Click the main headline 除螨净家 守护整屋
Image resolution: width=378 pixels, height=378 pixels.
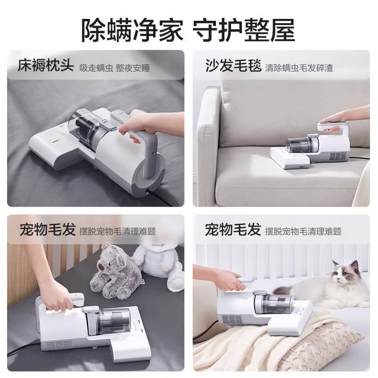pos(188,31)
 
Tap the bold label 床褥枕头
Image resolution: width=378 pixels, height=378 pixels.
pos(45,65)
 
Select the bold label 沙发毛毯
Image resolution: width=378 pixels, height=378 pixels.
pos(233,65)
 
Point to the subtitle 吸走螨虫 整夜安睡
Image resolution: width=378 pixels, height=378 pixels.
pos(114,68)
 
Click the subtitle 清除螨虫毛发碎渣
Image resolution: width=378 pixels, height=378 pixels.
pos(299,68)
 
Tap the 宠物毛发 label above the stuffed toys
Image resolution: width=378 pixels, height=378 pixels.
pos(48,229)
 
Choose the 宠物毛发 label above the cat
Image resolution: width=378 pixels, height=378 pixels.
pos(233,229)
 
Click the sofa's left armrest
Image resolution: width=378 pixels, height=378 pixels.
pos(208,145)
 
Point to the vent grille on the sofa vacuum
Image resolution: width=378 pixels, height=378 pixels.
pos(339,157)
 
